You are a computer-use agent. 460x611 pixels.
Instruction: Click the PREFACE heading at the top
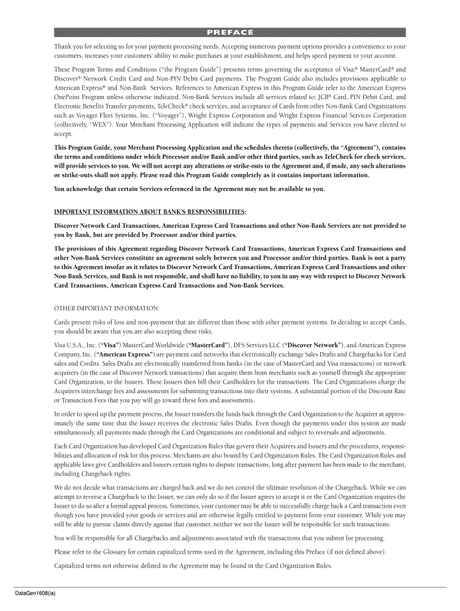point(229,32)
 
